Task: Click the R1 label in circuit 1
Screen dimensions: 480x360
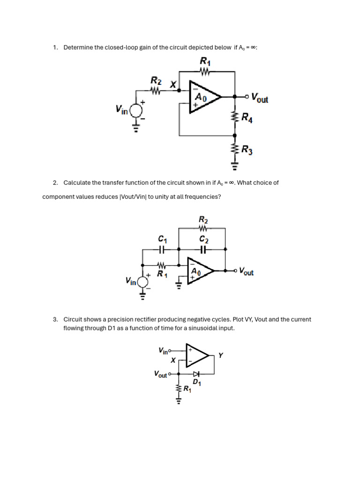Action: pos(205,61)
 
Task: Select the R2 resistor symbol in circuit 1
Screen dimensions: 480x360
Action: pos(156,93)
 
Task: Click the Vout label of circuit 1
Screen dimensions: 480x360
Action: pos(259,97)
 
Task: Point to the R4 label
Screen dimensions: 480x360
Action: pos(247,117)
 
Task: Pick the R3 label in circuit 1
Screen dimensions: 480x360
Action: pos(247,150)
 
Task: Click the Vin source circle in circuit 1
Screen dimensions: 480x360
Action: pos(136,111)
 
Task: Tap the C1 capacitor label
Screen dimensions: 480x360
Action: pos(163,240)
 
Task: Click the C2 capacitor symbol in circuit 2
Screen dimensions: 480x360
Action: pos(203,250)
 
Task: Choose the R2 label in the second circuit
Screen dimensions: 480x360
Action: pos(203,219)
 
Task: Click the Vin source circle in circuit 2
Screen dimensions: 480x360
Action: pos(143,281)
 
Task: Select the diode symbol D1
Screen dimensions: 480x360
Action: pos(197,374)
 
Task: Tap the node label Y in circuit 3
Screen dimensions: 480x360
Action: pos(220,356)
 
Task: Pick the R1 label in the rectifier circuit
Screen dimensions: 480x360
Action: pos(187,389)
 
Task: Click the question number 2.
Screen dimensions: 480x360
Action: pos(55,183)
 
